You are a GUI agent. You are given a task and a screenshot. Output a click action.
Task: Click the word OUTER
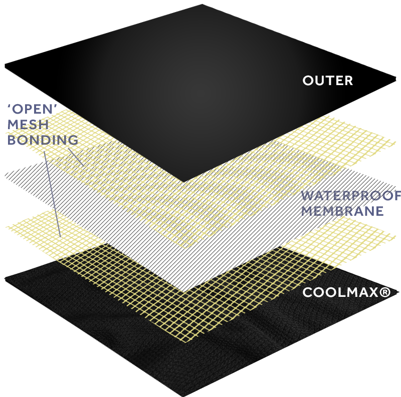[x=328, y=81]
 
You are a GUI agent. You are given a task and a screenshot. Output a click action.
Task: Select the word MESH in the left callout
[x=28, y=124]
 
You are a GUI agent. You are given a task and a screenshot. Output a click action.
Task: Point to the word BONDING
[x=43, y=140]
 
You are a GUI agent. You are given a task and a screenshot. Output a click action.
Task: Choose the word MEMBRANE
[x=342, y=211]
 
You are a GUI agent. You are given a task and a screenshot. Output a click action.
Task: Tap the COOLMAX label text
[x=341, y=292]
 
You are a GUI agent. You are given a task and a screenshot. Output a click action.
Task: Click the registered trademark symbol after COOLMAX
[x=385, y=292]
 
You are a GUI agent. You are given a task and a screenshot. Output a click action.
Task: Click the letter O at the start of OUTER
[x=308, y=81]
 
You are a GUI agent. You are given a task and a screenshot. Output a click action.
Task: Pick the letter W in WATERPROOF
[x=308, y=196]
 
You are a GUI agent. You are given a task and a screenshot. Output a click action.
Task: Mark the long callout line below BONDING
[x=52, y=190]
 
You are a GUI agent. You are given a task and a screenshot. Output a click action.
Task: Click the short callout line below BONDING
[x=75, y=157]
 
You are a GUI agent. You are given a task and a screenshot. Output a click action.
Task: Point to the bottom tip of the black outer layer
[x=184, y=181]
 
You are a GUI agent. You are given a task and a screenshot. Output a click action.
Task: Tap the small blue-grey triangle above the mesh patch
[x=47, y=207]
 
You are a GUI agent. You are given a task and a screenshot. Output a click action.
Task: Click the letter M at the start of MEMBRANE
[x=307, y=211]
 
